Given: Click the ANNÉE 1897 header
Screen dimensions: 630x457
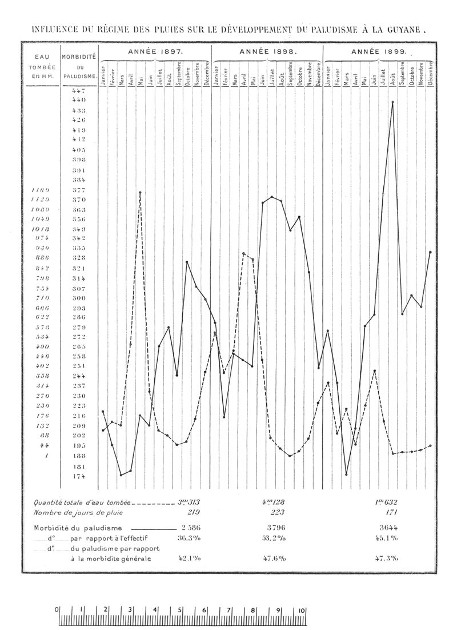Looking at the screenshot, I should pos(155,51).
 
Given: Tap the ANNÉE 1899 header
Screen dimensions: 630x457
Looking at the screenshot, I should pos(379,51).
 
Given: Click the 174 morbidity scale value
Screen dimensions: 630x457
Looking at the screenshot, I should pos(79,476).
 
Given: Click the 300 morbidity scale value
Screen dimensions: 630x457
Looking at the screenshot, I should pos(79,298).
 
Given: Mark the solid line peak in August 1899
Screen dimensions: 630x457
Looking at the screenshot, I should pos(392,102).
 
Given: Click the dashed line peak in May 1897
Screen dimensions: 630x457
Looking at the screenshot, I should pos(140,193).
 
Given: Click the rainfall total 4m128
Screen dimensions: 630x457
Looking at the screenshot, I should pos(272,503).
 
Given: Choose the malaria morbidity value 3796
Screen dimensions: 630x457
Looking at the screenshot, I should pos(272,527).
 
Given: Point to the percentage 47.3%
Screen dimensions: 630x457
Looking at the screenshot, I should pos(386,559).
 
